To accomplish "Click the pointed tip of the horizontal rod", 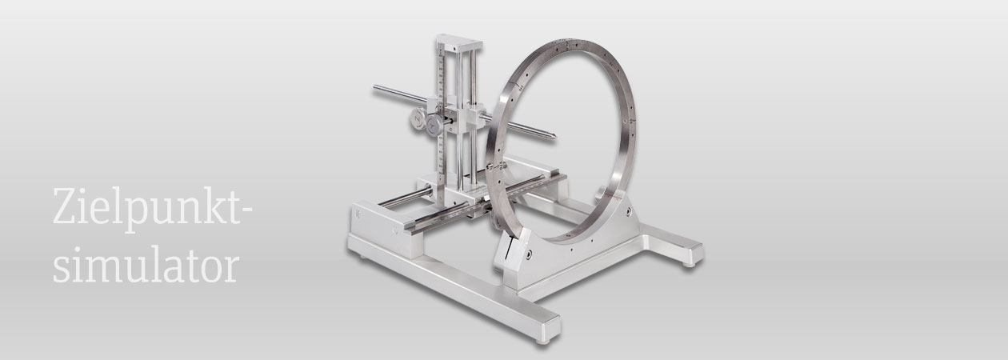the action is coord(555,135).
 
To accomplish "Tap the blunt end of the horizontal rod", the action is coord(375,88).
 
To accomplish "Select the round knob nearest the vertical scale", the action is coord(435,124).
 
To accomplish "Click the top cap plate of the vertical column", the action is coord(459,43).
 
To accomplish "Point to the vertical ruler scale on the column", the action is coord(442,113).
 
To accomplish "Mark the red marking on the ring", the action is coord(613,197).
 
